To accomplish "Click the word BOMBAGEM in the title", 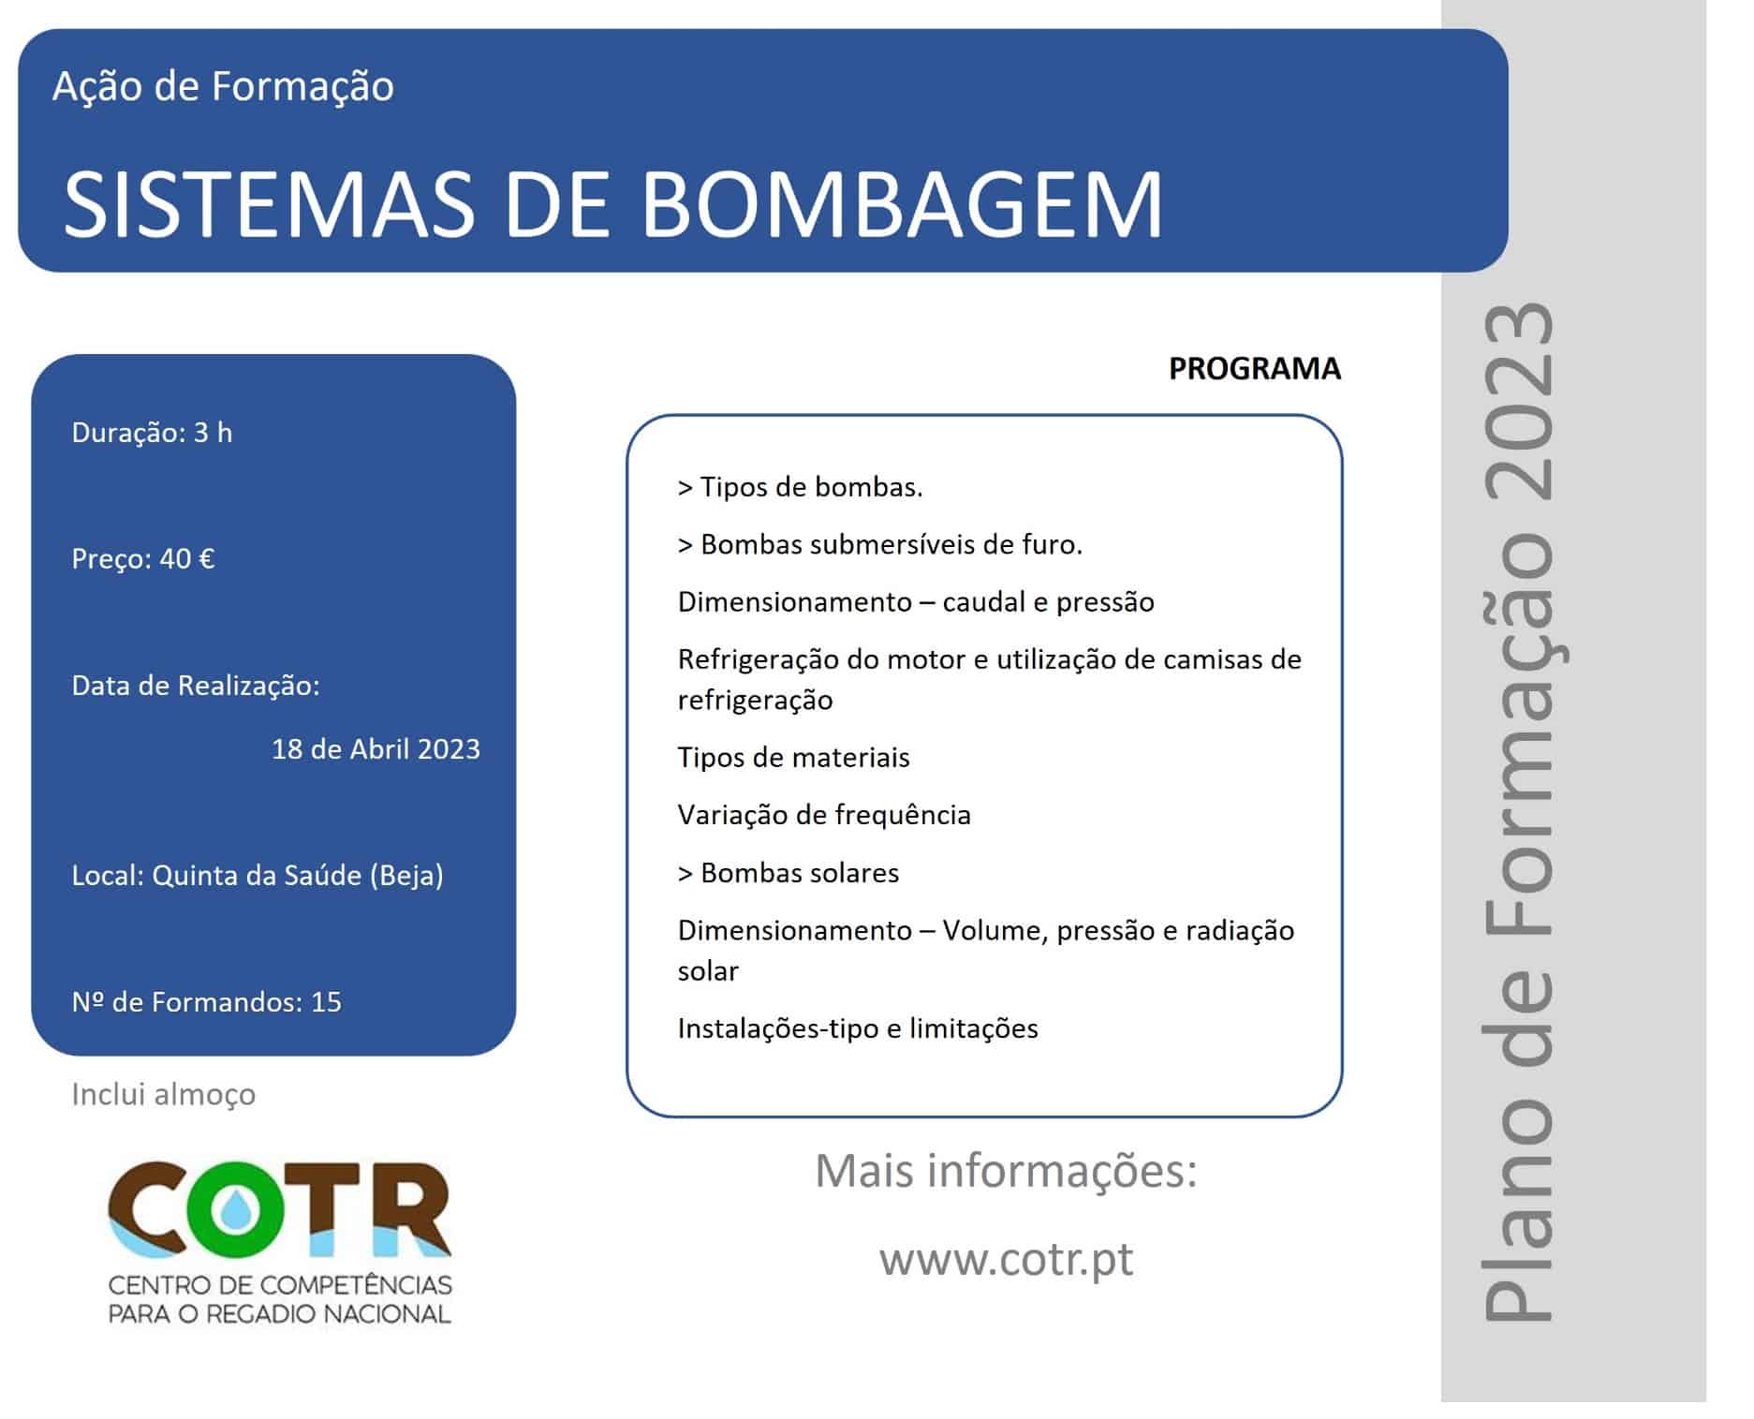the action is click(x=903, y=203).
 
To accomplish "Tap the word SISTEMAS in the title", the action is click(x=271, y=203).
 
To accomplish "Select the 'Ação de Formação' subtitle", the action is click(x=223, y=86).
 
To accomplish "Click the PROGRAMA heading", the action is click(x=1255, y=369).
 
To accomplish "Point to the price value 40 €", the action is click(x=187, y=559).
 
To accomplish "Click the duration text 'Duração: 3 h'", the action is click(x=152, y=433).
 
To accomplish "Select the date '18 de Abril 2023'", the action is click(x=376, y=749).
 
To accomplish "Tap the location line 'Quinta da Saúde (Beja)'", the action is click(x=298, y=876).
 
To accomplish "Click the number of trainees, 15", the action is click(x=326, y=1002).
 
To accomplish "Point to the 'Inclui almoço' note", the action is click(x=164, y=1094).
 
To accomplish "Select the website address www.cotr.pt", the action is click(x=1006, y=1259).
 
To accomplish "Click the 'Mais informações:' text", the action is click(x=1006, y=1171).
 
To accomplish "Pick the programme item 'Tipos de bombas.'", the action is click(x=801, y=487).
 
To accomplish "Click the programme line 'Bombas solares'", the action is click(x=789, y=873).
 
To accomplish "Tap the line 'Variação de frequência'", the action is click(x=824, y=815).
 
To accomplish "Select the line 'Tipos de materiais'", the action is click(x=793, y=757).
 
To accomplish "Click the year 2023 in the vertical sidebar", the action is click(x=1519, y=402).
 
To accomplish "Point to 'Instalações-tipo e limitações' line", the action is click(x=858, y=1028).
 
